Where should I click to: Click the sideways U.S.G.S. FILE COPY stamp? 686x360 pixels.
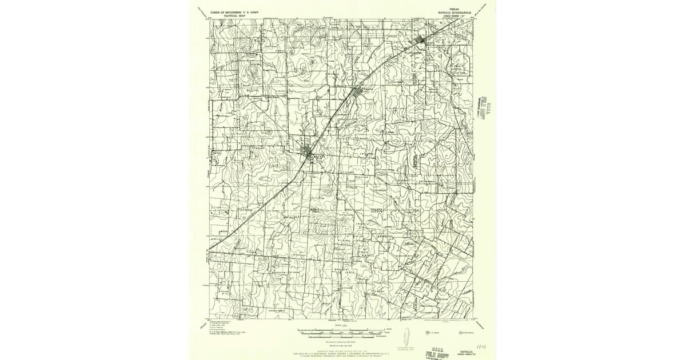[x=488, y=106]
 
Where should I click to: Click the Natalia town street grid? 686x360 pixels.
[x=361, y=92]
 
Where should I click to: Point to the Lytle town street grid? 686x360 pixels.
[x=422, y=39]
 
